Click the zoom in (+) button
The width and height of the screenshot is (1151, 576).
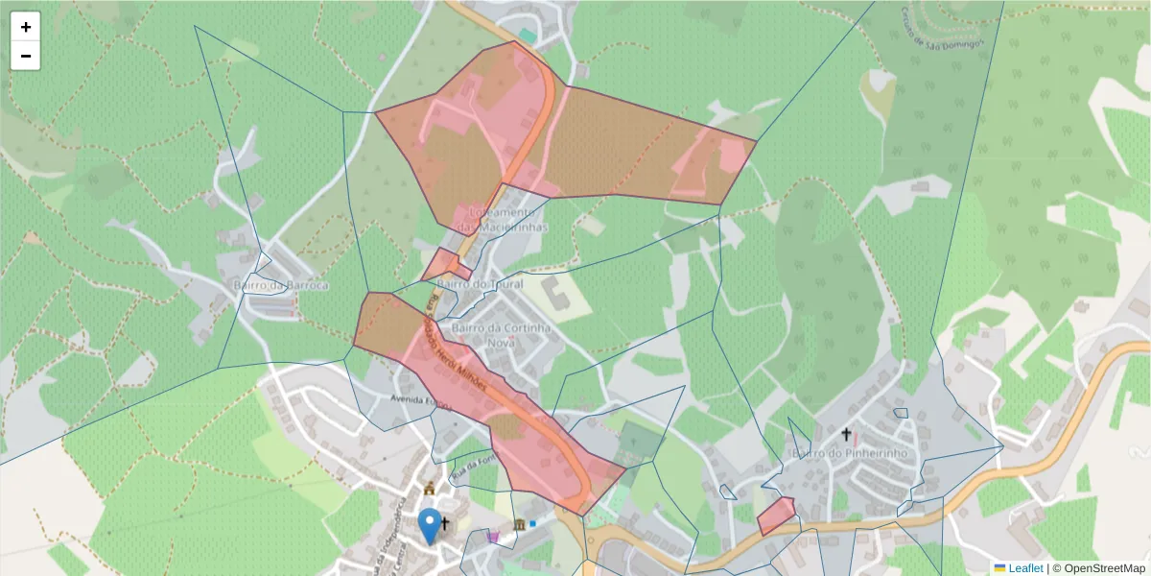coord(26,27)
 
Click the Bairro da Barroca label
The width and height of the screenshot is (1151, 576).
coord(281,285)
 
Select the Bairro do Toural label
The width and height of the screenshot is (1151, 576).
coord(480,284)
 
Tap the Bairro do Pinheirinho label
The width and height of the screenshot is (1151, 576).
coord(844,451)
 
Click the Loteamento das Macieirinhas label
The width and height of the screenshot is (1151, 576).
coord(501,220)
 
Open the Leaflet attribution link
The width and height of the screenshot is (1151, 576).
coord(1025,568)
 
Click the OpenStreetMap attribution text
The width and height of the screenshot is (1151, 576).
coord(1105,568)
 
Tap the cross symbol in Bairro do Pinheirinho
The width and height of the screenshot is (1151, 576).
coord(846,434)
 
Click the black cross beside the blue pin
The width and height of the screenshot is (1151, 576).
coord(445,523)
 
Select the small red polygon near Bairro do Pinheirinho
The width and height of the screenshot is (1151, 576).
coord(776,516)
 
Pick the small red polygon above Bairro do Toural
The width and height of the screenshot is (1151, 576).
coord(446,264)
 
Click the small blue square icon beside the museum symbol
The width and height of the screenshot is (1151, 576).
coord(532,523)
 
